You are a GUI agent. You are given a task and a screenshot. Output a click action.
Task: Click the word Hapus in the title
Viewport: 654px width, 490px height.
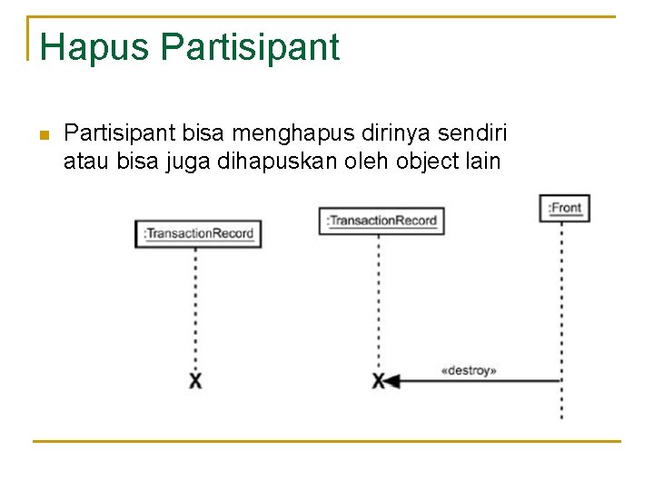click(x=94, y=47)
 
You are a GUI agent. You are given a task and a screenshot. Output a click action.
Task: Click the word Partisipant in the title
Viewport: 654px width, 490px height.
click(x=250, y=47)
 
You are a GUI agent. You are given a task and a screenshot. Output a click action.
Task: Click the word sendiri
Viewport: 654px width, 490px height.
click(x=471, y=134)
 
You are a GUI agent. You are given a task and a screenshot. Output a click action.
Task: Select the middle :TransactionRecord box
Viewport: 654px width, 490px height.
click(x=381, y=220)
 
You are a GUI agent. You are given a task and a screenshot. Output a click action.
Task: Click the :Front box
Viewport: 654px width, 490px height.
click(x=564, y=208)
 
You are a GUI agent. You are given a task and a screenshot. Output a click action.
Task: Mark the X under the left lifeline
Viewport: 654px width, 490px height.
click(x=195, y=380)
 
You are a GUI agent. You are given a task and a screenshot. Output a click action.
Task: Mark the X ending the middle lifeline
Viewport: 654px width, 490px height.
click(x=378, y=381)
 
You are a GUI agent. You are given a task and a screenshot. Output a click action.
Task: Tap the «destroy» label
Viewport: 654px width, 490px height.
click(x=468, y=370)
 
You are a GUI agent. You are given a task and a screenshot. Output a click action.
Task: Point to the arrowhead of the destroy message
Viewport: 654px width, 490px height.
click(x=391, y=381)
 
